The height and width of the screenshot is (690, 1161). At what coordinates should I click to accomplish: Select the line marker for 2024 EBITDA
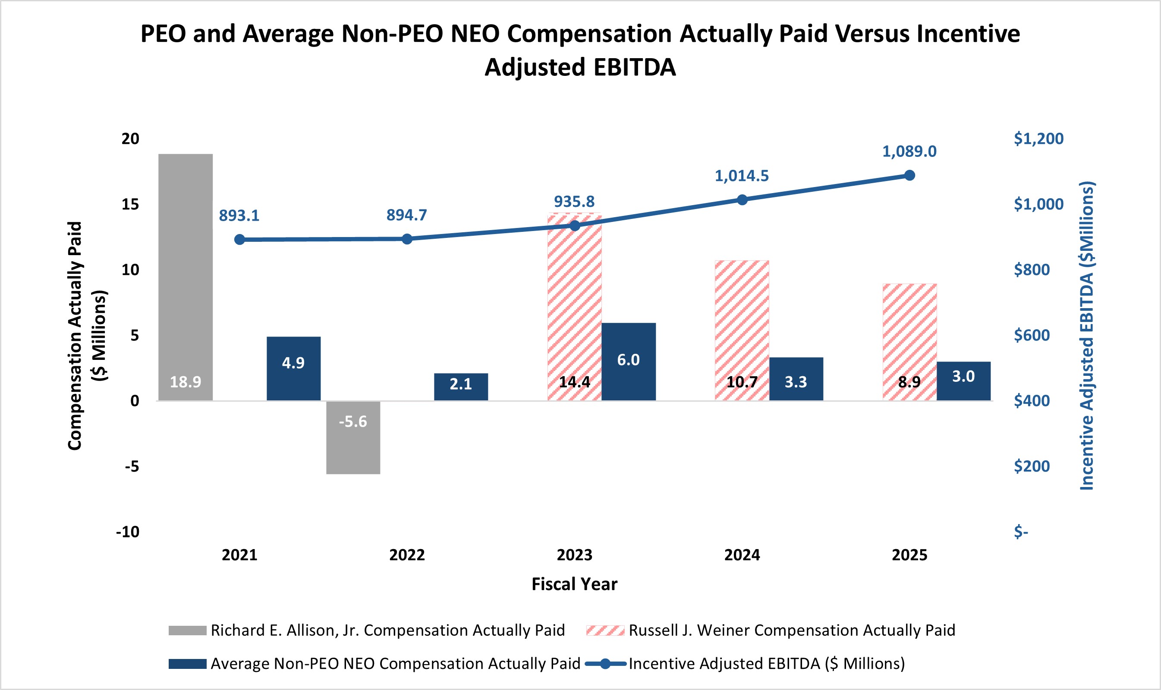pos(742,200)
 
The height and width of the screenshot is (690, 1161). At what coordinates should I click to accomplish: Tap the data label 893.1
pos(239,216)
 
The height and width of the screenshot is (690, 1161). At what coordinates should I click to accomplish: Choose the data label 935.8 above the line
pos(574,202)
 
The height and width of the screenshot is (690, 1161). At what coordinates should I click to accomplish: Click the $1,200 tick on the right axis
pos(1038,138)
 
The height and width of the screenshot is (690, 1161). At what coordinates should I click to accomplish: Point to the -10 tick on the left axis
pos(128,531)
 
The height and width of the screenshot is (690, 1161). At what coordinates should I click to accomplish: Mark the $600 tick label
pos(1032,335)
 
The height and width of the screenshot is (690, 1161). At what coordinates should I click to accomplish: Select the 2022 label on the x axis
pos(407,555)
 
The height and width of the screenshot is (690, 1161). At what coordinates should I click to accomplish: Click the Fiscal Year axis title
pos(574,584)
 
